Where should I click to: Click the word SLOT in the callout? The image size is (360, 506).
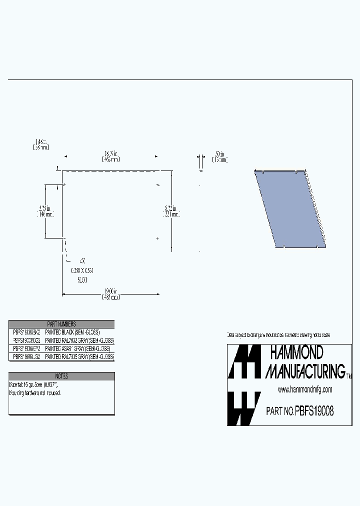[x=82, y=280]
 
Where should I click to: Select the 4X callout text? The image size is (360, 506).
[x=82, y=261]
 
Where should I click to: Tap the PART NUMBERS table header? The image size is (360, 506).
[x=61, y=324]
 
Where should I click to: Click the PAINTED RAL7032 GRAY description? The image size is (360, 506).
[x=79, y=340]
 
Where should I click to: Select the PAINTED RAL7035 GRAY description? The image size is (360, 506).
[x=79, y=356]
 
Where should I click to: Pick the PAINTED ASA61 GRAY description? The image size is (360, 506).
[x=77, y=348]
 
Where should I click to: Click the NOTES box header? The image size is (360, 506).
[x=61, y=376]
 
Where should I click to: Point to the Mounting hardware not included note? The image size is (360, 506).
[x=35, y=393]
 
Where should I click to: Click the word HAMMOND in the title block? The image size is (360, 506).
[x=296, y=353]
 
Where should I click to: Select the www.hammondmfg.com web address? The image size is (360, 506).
[x=304, y=389]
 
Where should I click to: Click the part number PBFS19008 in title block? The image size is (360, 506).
[x=314, y=411]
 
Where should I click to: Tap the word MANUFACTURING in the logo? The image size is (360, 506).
[x=305, y=370]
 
